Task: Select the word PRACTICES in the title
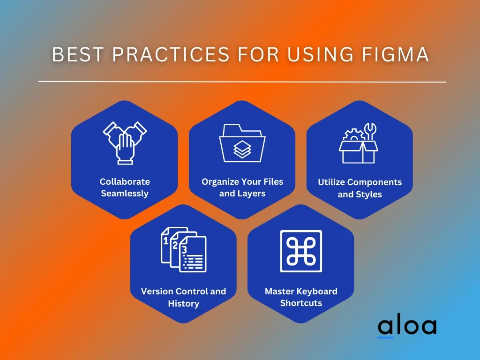pos(171,54)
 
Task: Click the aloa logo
pos(407,326)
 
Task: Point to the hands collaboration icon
pos(125,143)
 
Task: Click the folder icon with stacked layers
pos(242,143)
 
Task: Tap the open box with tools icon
pos(359,143)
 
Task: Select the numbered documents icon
pos(184,249)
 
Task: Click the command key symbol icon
pos(301,251)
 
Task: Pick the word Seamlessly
pos(125,194)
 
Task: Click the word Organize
pos(221,182)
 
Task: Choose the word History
pos(184,303)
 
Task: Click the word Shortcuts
pos(301,303)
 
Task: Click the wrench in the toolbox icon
pos(370,132)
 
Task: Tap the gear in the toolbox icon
pos(354,135)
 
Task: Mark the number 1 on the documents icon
pos(165,241)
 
